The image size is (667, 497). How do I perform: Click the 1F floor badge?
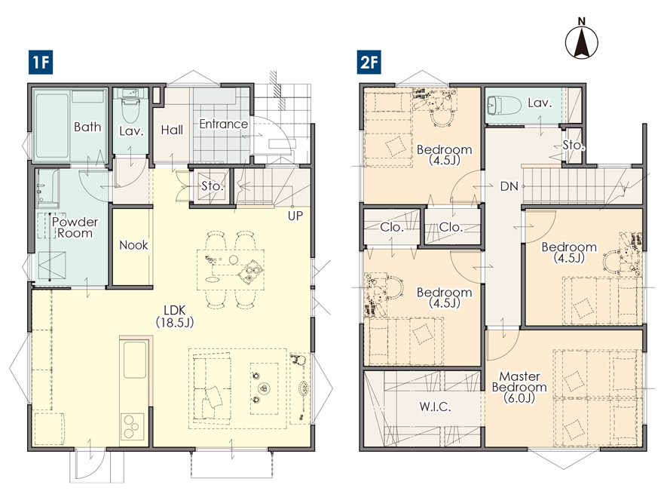click(x=41, y=63)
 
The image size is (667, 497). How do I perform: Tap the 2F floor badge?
click(x=369, y=63)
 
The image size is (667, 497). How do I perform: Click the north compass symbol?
click(x=582, y=38)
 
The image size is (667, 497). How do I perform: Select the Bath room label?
click(x=87, y=127)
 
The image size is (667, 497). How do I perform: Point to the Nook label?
click(x=133, y=245)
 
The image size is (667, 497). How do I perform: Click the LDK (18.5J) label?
click(x=175, y=316)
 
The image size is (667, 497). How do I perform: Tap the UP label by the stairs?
click(x=295, y=216)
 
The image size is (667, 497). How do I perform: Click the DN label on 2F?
click(x=509, y=186)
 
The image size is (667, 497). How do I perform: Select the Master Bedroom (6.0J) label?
click(x=519, y=387)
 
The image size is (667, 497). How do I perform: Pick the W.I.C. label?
click(x=435, y=406)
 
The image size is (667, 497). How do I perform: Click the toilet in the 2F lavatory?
click(x=504, y=105)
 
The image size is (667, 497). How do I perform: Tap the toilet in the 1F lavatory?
click(x=130, y=109)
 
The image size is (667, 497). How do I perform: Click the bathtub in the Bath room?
click(x=52, y=125)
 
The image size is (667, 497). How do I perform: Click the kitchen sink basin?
click(x=135, y=360)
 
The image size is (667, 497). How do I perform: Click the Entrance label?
click(x=224, y=124)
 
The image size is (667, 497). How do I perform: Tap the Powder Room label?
click(x=75, y=227)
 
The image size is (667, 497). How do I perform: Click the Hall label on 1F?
click(x=172, y=130)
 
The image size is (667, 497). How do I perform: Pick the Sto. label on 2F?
click(x=573, y=145)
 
